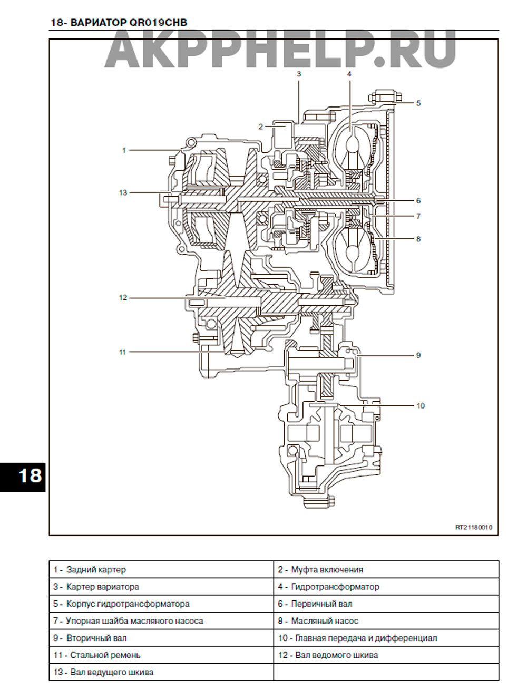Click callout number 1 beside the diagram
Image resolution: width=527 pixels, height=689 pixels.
tap(124, 150)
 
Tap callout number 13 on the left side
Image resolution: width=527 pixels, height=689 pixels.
tap(123, 192)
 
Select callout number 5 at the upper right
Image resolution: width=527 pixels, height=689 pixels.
tap(418, 103)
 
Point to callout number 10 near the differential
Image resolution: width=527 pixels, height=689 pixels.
tap(421, 405)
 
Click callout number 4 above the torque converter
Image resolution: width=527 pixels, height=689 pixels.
tap(349, 74)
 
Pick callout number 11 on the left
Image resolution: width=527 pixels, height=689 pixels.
tap(122, 352)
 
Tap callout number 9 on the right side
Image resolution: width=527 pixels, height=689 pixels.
tap(418, 355)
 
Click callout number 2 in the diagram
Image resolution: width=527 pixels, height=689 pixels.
tap(261, 127)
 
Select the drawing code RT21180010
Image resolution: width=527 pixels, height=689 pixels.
tap(474, 527)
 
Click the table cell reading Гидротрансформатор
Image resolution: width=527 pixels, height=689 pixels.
tap(386, 587)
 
